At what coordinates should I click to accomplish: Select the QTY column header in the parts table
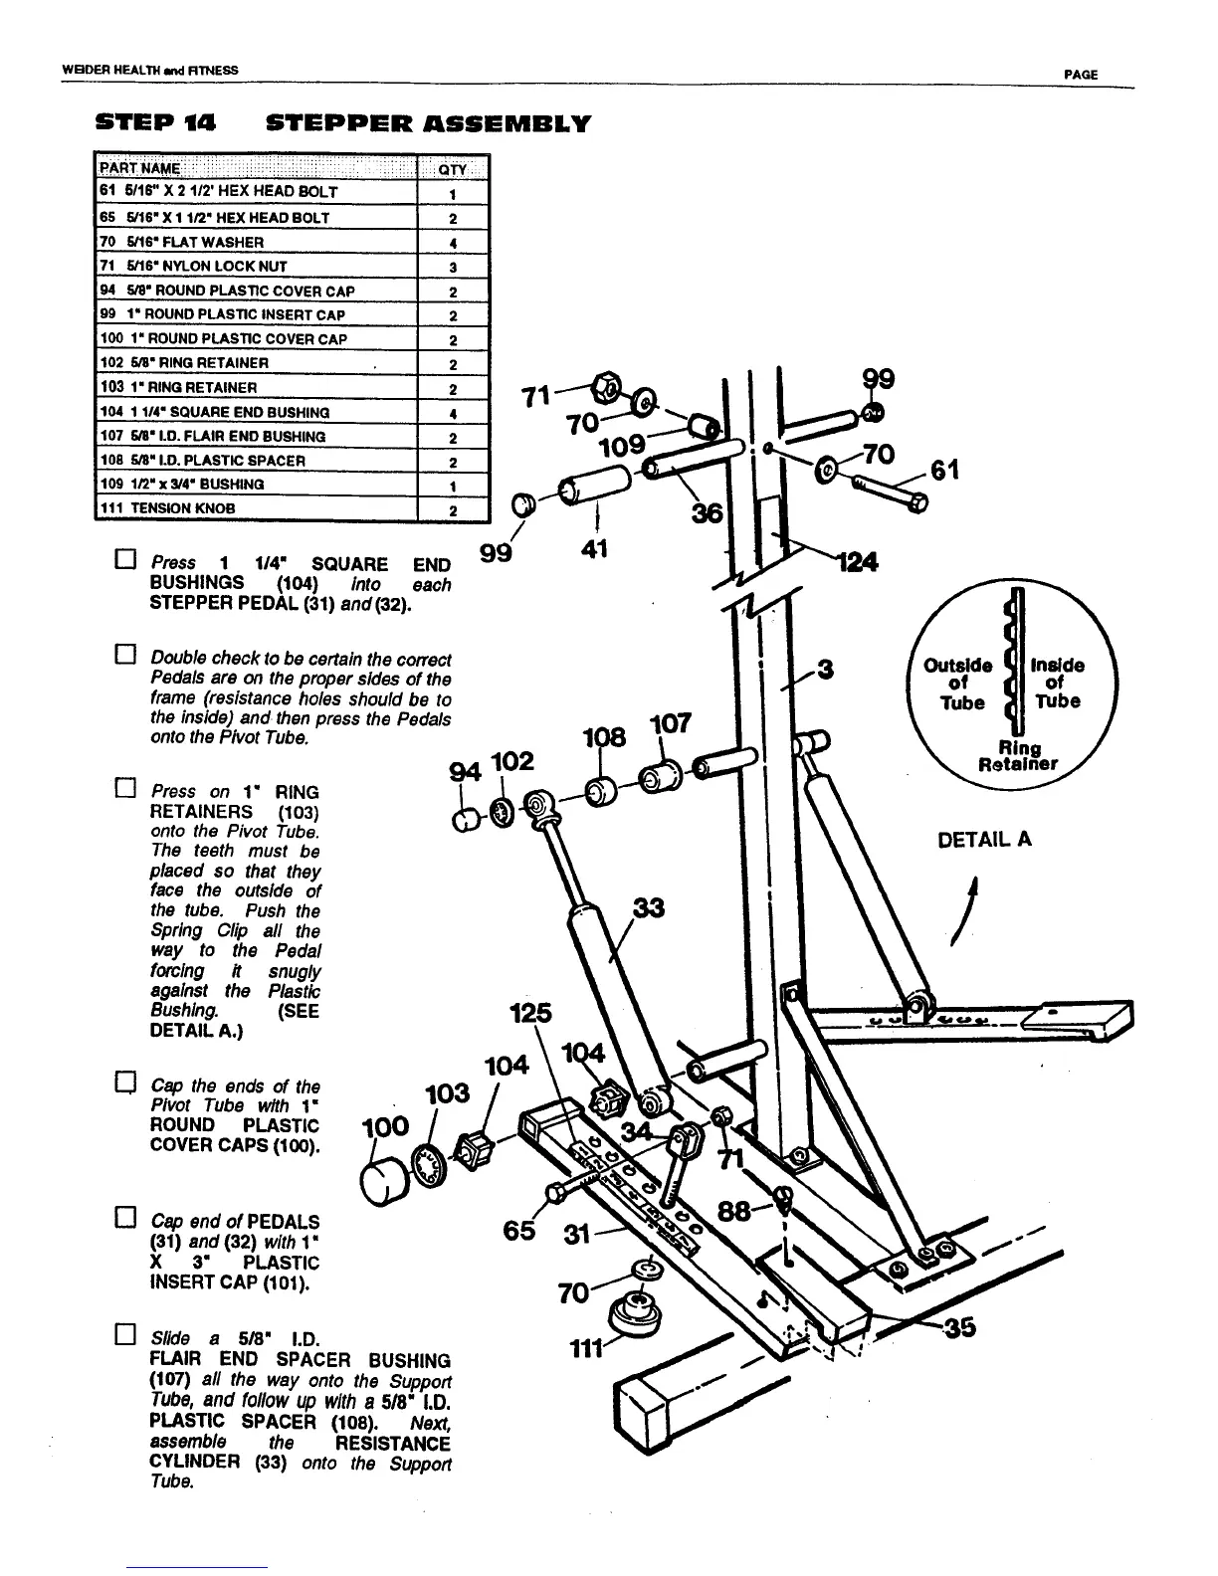click(452, 168)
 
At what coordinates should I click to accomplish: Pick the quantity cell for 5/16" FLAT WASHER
click(452, 242)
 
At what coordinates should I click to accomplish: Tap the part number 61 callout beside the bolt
click(944, 470)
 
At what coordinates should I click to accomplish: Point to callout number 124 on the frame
click(855, 562)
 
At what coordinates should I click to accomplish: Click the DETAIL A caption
click(985, 840)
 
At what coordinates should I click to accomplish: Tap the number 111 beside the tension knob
click(585, 1348)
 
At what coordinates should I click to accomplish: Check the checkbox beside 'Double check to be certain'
click(124, 655)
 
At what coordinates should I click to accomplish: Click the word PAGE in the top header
click(1080, 75)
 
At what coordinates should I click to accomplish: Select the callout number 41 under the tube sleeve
click(595, 548)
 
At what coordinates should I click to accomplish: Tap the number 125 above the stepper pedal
click(529, 1013)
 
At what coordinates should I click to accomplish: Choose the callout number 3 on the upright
click(824, 671)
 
